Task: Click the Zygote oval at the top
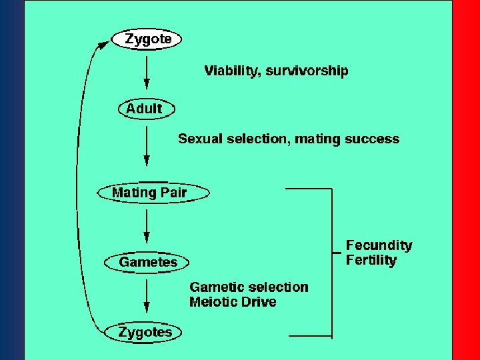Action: (146, 39)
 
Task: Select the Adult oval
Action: (145, 109)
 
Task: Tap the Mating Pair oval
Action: (150, 193)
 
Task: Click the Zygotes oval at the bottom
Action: (145, 332)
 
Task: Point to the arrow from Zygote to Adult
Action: (147, 73)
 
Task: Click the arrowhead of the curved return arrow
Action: (103, 45)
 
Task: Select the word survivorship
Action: (307, 71)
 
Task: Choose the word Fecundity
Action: (379, 245)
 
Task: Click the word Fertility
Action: (371, 261)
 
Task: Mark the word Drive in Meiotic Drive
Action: (260, 302)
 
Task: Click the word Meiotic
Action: (214, 302)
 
